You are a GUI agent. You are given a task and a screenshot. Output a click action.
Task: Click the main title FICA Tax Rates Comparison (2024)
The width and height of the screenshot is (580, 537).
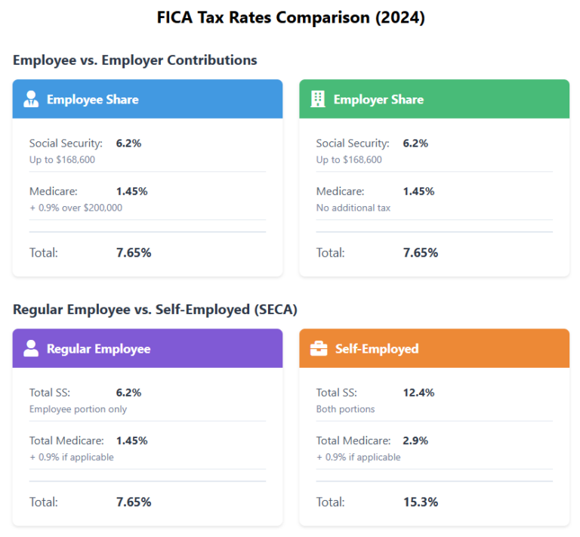tap(290, 18)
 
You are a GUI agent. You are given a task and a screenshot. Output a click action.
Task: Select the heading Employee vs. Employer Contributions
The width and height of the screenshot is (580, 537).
tap(134, 60)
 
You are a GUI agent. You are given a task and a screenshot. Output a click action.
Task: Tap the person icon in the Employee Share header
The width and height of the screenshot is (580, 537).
tap(31, 100)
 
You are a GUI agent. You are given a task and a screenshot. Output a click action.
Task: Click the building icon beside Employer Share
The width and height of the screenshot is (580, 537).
tap(318, 99)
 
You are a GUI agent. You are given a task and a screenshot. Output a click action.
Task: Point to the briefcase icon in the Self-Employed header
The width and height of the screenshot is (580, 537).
tap(319, 349)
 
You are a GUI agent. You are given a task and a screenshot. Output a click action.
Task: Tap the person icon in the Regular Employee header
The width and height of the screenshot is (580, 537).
tap(31, 348)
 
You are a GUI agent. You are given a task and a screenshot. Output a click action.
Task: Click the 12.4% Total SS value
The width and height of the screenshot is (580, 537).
tap(418, 393)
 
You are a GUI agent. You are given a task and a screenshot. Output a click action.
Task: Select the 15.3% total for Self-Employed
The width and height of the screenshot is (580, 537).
tap(420, 502)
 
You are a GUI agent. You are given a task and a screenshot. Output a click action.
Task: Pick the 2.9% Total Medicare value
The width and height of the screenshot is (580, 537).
tap(415, 440)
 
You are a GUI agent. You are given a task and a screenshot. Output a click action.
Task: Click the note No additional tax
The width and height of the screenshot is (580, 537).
tap(353, 208)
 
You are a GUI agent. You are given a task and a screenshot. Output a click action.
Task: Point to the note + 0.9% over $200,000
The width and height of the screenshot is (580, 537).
tap(76, 208)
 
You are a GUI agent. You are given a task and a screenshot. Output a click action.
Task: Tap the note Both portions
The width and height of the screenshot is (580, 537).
tap(345, 409)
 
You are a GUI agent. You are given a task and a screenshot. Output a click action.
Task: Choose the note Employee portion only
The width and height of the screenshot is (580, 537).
tap(78, 409)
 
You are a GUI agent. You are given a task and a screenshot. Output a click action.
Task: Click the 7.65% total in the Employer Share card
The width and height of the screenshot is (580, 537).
tap(420, 252)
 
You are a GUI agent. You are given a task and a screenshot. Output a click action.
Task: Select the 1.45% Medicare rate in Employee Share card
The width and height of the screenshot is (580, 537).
tap(131, 191)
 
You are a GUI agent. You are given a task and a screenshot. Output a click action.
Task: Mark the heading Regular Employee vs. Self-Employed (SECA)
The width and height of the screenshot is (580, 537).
tap(155, 309)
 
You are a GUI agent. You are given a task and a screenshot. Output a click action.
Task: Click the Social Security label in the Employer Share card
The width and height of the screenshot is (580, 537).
tap(353, 143)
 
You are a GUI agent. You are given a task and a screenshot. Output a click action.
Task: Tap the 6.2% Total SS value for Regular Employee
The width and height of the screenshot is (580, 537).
tap(128, 393)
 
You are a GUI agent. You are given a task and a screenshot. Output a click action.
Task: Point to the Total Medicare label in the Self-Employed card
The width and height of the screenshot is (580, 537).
tap(353, 440)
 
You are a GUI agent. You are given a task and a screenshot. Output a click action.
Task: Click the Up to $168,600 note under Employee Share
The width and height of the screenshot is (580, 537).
tap(62, 159)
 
